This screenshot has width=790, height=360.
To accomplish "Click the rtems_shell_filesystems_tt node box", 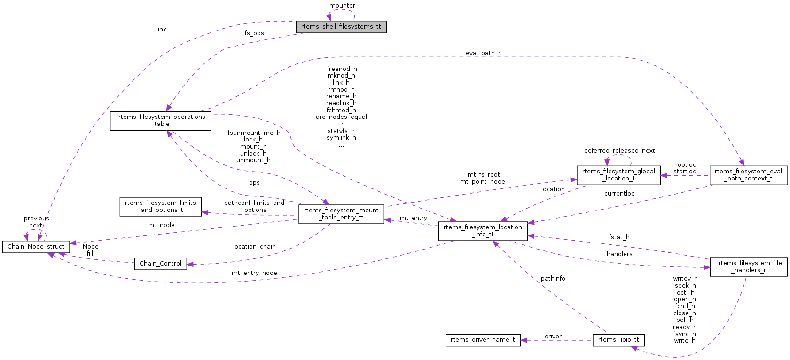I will [341, 27].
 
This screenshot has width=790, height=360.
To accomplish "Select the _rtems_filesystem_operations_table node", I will [160, 120].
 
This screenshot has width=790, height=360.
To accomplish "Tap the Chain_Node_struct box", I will [36, 247].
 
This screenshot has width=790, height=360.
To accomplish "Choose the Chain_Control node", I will [160, 264].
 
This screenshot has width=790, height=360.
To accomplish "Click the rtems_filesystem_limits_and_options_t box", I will [160, 206].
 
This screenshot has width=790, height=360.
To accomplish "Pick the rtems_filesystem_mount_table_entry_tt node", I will [341, 214].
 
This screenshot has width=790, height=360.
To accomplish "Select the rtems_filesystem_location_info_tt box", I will [483, 231].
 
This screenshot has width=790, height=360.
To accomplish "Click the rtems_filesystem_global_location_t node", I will [618, 175].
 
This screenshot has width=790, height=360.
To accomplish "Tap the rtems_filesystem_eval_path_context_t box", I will [748, 175].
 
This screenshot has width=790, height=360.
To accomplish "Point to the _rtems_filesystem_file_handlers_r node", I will [748, 266].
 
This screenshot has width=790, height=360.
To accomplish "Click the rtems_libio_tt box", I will [618, 340].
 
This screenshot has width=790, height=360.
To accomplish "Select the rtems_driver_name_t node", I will [483, 340].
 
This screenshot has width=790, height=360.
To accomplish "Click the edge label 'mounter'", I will [342, 6].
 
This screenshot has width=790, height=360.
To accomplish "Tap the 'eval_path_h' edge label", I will [484, 53].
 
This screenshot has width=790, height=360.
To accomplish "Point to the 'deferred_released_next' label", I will [619, 151].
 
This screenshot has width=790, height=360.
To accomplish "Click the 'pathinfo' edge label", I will [553, 279].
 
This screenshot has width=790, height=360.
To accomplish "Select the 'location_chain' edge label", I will [254, 247].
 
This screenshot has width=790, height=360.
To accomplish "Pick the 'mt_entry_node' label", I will [254, 273].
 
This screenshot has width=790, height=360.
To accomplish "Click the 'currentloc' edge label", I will [619, 194].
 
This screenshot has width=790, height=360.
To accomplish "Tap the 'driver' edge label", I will [553, 337].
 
